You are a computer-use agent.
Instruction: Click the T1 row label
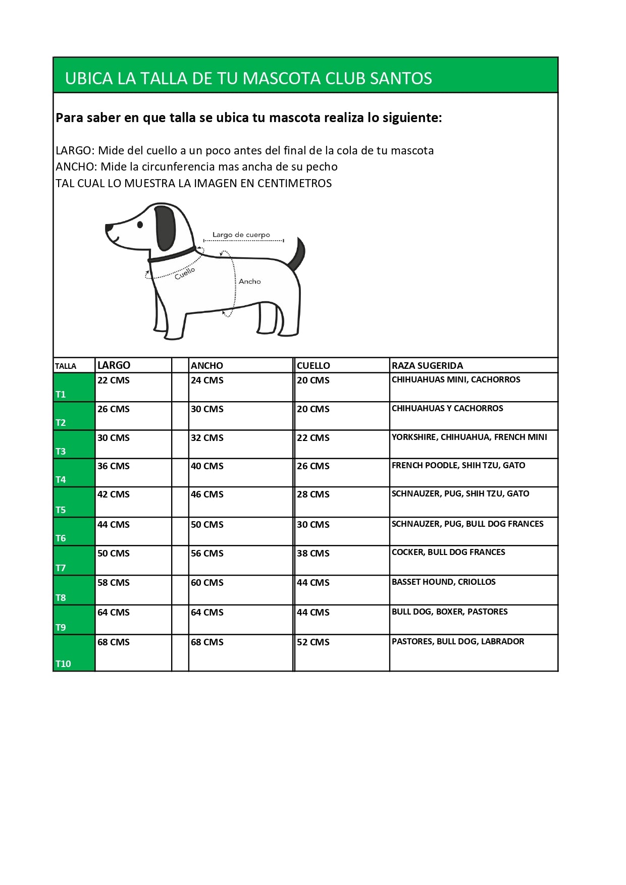tap(61, 394)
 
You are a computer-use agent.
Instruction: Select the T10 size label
tap(64, 663)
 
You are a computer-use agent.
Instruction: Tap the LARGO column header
tap(114, 365)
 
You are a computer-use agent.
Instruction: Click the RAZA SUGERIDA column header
tap(427, 365)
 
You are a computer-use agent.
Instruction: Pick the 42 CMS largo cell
tap(114, 494)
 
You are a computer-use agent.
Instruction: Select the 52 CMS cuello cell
tap(313, 642)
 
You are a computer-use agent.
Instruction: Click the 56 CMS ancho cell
tap(207, 554)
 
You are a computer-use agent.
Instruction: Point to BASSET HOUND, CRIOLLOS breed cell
tap(443, 582)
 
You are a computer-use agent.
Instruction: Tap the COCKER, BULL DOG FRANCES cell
tap(448, 552)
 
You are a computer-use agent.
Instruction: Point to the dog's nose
tap(109, 229)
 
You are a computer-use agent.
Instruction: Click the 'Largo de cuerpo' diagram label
tap(241, 235)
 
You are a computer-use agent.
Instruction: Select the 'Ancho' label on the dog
tap(249, 282)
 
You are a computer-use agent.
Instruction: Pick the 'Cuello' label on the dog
tap(184, 273)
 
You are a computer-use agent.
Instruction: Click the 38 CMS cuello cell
tap(313, 554)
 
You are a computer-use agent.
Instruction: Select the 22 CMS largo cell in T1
tap(114, 380)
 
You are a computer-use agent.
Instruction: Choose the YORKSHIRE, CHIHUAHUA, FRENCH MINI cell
tap(469, 437)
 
